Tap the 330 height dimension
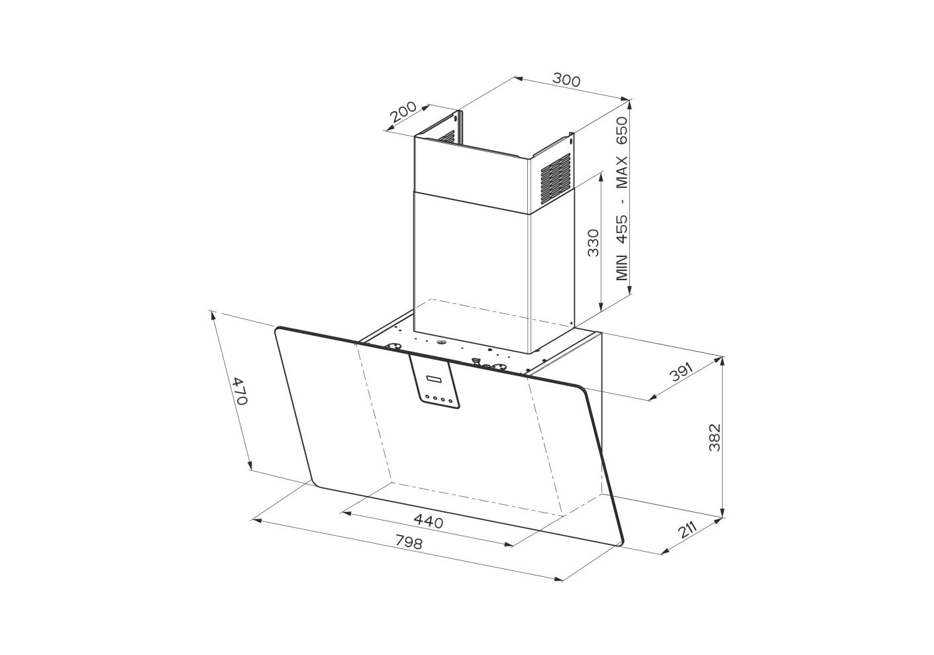[592, 242]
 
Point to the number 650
[622, 130]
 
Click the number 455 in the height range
[622, 229]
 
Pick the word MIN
[622, 268]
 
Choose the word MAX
[622, 171]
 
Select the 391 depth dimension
[681, 372]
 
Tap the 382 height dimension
[715, 437]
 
